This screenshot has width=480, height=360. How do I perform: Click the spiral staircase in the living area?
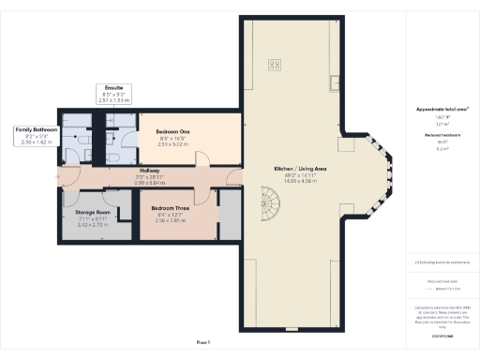[x=272, y=201]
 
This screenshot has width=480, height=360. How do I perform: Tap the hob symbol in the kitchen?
[x=276, y=65]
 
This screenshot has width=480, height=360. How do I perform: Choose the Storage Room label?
[x=92, y=214]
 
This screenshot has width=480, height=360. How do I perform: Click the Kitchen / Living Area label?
[x=300, y=169]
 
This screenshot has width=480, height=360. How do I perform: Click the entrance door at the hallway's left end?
[x=62, y=175]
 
